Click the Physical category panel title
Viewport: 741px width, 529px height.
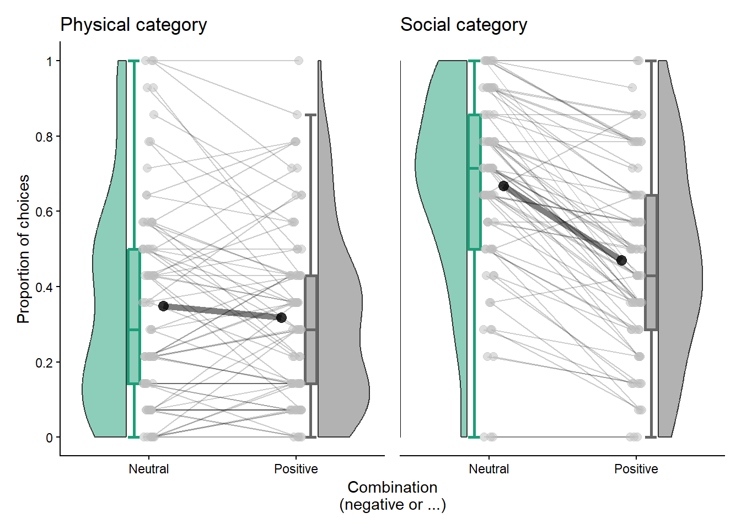click(x=133, y=25)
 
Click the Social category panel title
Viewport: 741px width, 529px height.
click(x=463, y=25)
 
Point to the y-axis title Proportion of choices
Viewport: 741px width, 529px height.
click(x=23, y=249)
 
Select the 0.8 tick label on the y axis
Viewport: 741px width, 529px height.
click(x=44, y=137)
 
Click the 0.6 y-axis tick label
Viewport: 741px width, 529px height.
click(x=44, y=212)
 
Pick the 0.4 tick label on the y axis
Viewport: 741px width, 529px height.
click(x=44, y=288)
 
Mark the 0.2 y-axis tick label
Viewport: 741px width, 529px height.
click(x=44, y=363)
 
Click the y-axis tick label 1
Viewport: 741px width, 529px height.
click(x=50, y=61)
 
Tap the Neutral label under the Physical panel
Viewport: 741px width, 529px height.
click(x=148, y=469)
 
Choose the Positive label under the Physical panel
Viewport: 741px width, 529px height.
click(x=296, y=469)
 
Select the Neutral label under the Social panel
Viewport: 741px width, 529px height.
click(x=488, y=469)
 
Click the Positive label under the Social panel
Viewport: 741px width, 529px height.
click(x=636, y=469)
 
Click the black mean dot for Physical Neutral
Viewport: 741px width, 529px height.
click(x=163, y=306)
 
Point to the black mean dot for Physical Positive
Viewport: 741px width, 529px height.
click(x=281, y=317)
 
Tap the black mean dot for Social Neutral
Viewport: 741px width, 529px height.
click(x=503, y=186)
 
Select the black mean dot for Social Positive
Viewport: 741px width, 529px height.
click(x=621, y=260)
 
